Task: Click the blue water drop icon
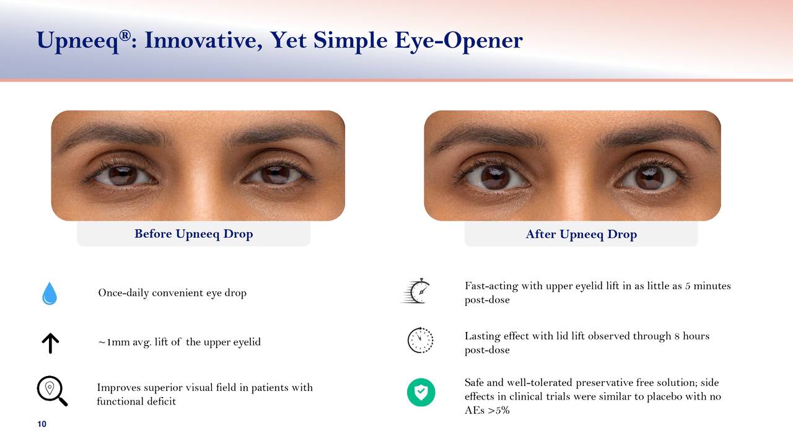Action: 50,294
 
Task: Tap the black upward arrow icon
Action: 50,343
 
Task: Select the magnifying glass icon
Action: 52,391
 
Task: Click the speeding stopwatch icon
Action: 416,291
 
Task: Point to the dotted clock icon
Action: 420,340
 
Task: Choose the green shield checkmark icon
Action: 421,392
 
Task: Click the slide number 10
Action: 42,424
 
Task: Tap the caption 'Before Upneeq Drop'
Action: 194,234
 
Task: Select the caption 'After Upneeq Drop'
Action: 581,234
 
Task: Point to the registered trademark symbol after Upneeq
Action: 125,35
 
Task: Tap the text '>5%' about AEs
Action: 499,410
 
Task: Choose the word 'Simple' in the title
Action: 351,41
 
